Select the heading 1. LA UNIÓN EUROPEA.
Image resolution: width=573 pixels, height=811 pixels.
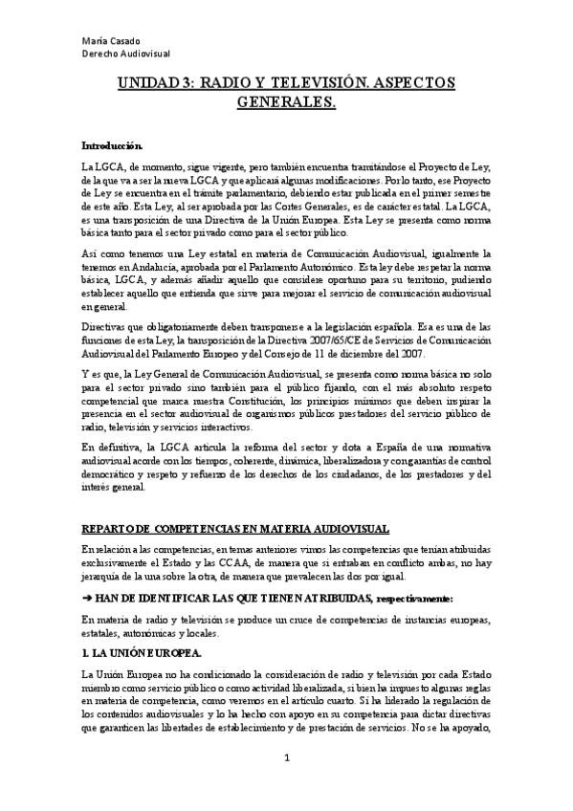click(141, 653)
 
